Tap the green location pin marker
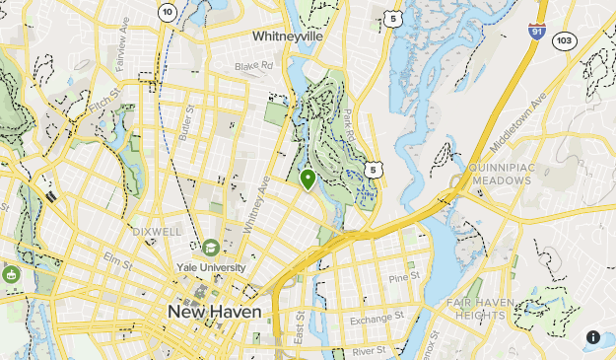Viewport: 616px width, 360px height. coord(308,180)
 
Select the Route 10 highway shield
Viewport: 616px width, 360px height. coord(167,11)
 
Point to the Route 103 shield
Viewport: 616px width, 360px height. coord(565,40)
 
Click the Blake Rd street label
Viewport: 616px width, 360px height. coord(253,67)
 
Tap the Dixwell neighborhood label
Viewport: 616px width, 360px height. coord(156,231)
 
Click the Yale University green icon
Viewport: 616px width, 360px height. coord(210,248)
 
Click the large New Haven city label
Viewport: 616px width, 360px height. coord(215,312)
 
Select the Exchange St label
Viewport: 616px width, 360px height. coord(377,319)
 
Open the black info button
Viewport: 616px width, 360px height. coord(593,336)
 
